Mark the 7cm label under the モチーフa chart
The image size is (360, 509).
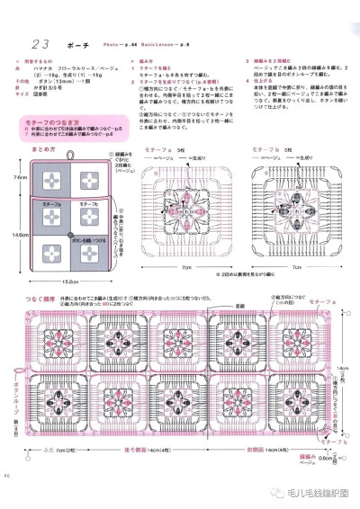[x=185, y=267]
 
